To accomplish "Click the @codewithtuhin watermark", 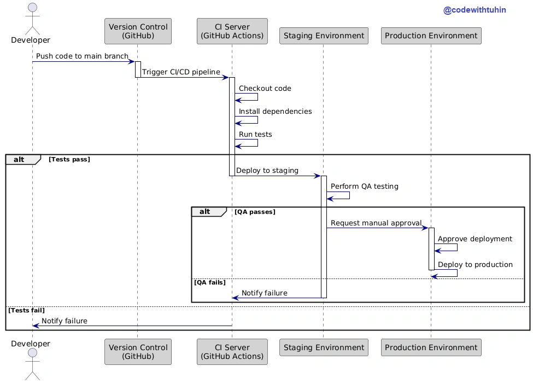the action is click(x=475, y=10).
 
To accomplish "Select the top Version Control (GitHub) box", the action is click(x=138, y=31).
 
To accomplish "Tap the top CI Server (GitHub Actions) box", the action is click(x=232, y=31).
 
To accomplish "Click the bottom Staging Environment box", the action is click(x=324, y=347).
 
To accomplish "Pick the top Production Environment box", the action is click(x=431, y=36).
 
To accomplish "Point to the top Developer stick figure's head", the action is click(x=33, y=8).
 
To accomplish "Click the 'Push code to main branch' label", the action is click(x=82, y=56).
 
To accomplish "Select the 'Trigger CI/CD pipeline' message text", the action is click(x=181, y=72).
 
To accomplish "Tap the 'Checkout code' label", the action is click(x=265, y=89).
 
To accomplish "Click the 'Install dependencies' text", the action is click(x=275, y=111).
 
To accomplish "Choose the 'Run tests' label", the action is click(x=255, y=135).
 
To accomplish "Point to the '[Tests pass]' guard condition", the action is click(x=69, y=159).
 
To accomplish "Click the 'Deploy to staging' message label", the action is click(x=267, y=170).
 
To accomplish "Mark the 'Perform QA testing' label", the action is click(x=365, y=187).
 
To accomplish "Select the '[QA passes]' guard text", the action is click(x=255, y=212).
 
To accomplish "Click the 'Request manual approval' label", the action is click(x=376, y=223).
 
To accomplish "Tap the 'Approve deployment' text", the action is click(x=475, y=239).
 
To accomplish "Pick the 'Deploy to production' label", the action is click(x=475, y=265).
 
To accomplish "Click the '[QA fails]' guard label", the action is click(x=210, y=282).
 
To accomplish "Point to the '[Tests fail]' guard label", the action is click(x=27, y=310).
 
